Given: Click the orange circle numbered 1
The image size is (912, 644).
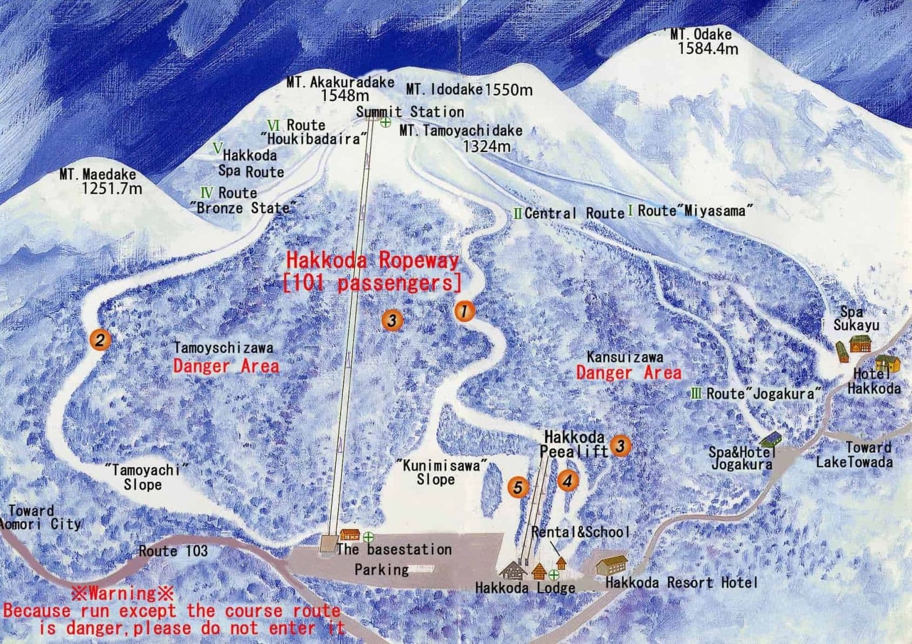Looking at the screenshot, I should [x=464, y=311].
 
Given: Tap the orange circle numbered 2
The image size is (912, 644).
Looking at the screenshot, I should [x=100, y=340].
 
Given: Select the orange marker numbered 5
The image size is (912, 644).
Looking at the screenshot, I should [x=518, y=487].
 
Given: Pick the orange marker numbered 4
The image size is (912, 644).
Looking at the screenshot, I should [x=567, y=480].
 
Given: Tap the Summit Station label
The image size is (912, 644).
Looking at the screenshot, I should [x=410, y=112].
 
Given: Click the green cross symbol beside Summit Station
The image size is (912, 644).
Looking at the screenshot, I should [x=385, y=122].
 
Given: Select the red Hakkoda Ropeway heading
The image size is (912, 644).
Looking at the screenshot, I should [x=372, y=261].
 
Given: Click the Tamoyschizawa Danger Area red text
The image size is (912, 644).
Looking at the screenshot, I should [x=226, y=366].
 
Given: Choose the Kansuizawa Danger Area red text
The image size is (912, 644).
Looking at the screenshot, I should [x=628, y=373].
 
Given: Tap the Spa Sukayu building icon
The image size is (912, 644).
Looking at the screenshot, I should [x=860, y=343].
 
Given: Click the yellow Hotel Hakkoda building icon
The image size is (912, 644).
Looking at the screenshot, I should [x=887, y=363].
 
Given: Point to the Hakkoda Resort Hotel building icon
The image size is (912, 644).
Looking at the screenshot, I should [x=611, y=566].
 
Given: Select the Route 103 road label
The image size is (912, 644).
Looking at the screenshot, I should [x=173, y=551].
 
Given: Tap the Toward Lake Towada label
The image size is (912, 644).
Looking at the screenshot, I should [x=854, y=455].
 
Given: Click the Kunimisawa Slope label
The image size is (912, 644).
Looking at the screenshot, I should [x=441, y=472].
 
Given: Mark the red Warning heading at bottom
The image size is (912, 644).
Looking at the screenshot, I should [x=123, y=593].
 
